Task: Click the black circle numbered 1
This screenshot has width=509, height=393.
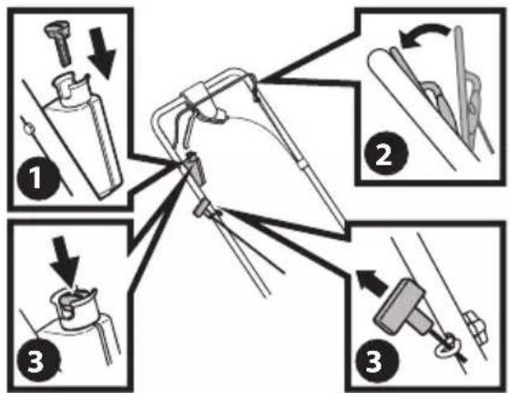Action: click(38, 178)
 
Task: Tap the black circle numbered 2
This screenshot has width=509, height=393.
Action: click(385, 154)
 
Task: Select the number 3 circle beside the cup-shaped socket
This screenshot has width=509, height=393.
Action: click(38, 361)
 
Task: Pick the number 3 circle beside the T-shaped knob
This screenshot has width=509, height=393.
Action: click(376, 360)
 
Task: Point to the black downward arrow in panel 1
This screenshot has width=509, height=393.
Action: click(102, 53)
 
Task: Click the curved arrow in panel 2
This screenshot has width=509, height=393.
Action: click(423, 35)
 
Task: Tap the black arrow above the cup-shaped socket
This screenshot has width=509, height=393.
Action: click(65, 262)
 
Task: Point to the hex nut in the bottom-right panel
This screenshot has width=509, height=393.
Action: click(476, 327)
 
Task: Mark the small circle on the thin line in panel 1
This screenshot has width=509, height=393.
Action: click(28, 129)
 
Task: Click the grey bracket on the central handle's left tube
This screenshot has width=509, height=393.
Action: click(195, 166)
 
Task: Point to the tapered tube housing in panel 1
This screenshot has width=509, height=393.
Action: click(83, 147)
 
